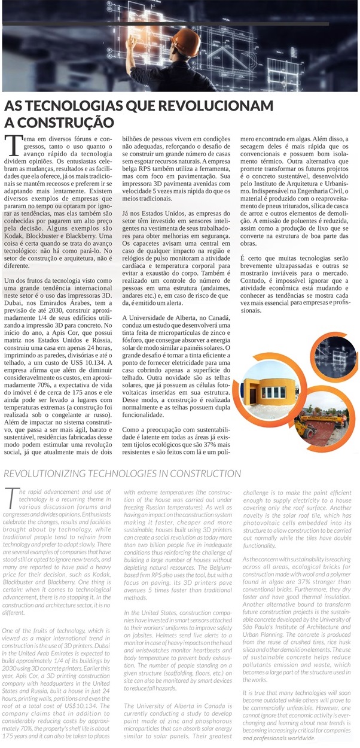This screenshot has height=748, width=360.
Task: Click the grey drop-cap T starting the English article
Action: click(x=10, y=496)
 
